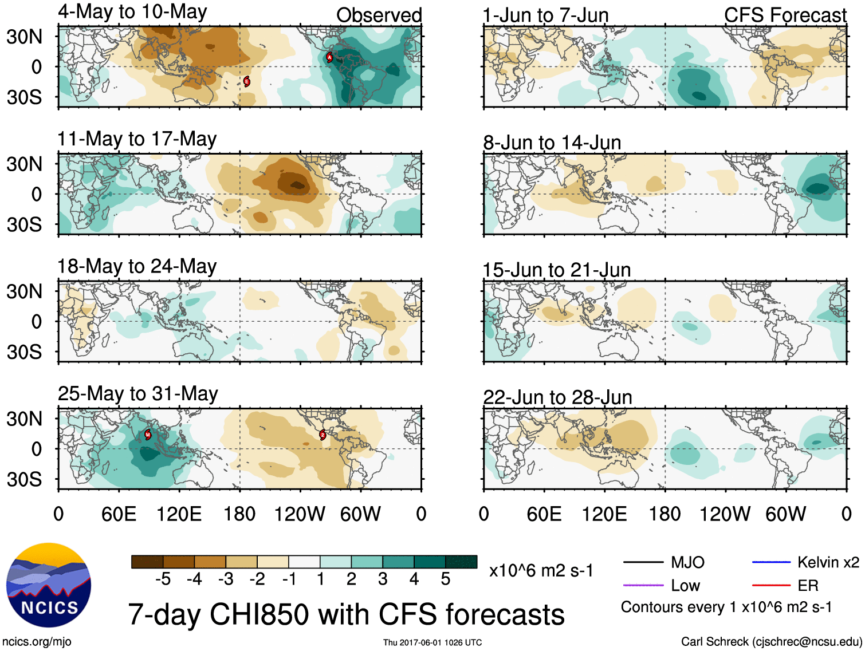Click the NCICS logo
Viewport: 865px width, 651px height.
49,585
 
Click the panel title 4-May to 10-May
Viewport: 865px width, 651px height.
132,12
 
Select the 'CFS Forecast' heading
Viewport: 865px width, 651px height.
785,15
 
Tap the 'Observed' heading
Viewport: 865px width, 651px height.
379,15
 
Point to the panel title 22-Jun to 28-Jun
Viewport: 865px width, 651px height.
557,397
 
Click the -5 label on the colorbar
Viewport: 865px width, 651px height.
163,579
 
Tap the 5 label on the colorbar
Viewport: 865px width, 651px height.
446,579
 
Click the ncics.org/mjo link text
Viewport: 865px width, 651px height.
37,641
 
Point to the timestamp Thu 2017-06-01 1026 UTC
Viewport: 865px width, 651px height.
433,642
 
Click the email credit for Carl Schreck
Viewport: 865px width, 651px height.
771,641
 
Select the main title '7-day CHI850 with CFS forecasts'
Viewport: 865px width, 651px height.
346,614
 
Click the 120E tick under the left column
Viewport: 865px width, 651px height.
179,514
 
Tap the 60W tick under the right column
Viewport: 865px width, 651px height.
785,514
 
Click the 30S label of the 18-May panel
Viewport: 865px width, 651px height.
24,352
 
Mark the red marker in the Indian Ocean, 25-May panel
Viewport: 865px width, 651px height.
148,435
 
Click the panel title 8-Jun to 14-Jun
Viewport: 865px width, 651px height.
552,142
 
